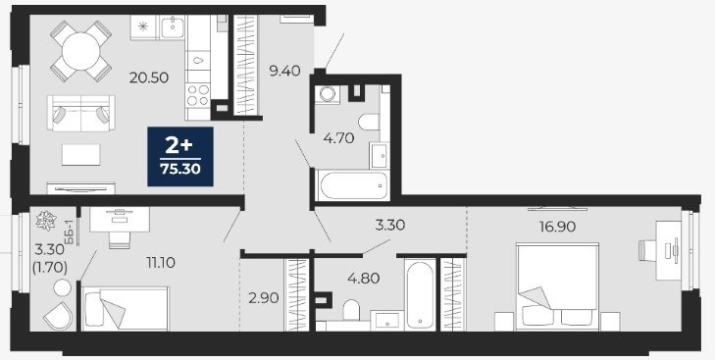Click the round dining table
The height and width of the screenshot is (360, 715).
tap(80, 51)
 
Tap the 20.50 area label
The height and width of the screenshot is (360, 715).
tap(149, 78)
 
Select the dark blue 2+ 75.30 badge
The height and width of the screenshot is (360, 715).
tap(180, 157)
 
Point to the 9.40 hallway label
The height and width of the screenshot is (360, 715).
tap(284, 71)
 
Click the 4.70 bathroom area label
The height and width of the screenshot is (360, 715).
tap(338, 137)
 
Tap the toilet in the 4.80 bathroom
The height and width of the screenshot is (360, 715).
tap(351, 310)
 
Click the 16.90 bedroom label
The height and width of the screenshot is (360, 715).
tap(557, 227)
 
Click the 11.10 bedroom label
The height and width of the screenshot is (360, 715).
tap(161, 262)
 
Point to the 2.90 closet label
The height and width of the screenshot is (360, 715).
tap(264, 298)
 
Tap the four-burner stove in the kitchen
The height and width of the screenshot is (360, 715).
tap(198, 95)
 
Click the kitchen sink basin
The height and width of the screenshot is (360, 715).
tap(173, 27)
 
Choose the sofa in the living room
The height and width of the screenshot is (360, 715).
tap(81, 113)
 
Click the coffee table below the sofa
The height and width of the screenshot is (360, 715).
tap(80, 155)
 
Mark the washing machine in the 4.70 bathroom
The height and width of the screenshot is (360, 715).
tap(327, 94)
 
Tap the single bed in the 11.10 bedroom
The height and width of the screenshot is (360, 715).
tap(125, 308)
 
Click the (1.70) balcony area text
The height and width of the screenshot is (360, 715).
tap(50, 269)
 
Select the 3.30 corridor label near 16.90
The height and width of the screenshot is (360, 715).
tap(390, 225)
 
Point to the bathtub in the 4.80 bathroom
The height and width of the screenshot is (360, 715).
tap(420, 294)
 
